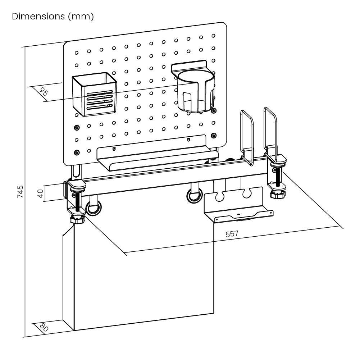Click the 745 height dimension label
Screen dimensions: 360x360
pyautogui.click(x=20, y=192)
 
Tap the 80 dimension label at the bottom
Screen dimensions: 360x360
pyautogui.click(x=44, y=328)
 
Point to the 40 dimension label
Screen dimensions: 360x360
pyautogui.click(x=40, y=194)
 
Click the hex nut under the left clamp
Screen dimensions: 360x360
pyautogui.click(x=77, y=220)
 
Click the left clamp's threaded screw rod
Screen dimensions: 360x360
pyautogui.click(x=77, y=203)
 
